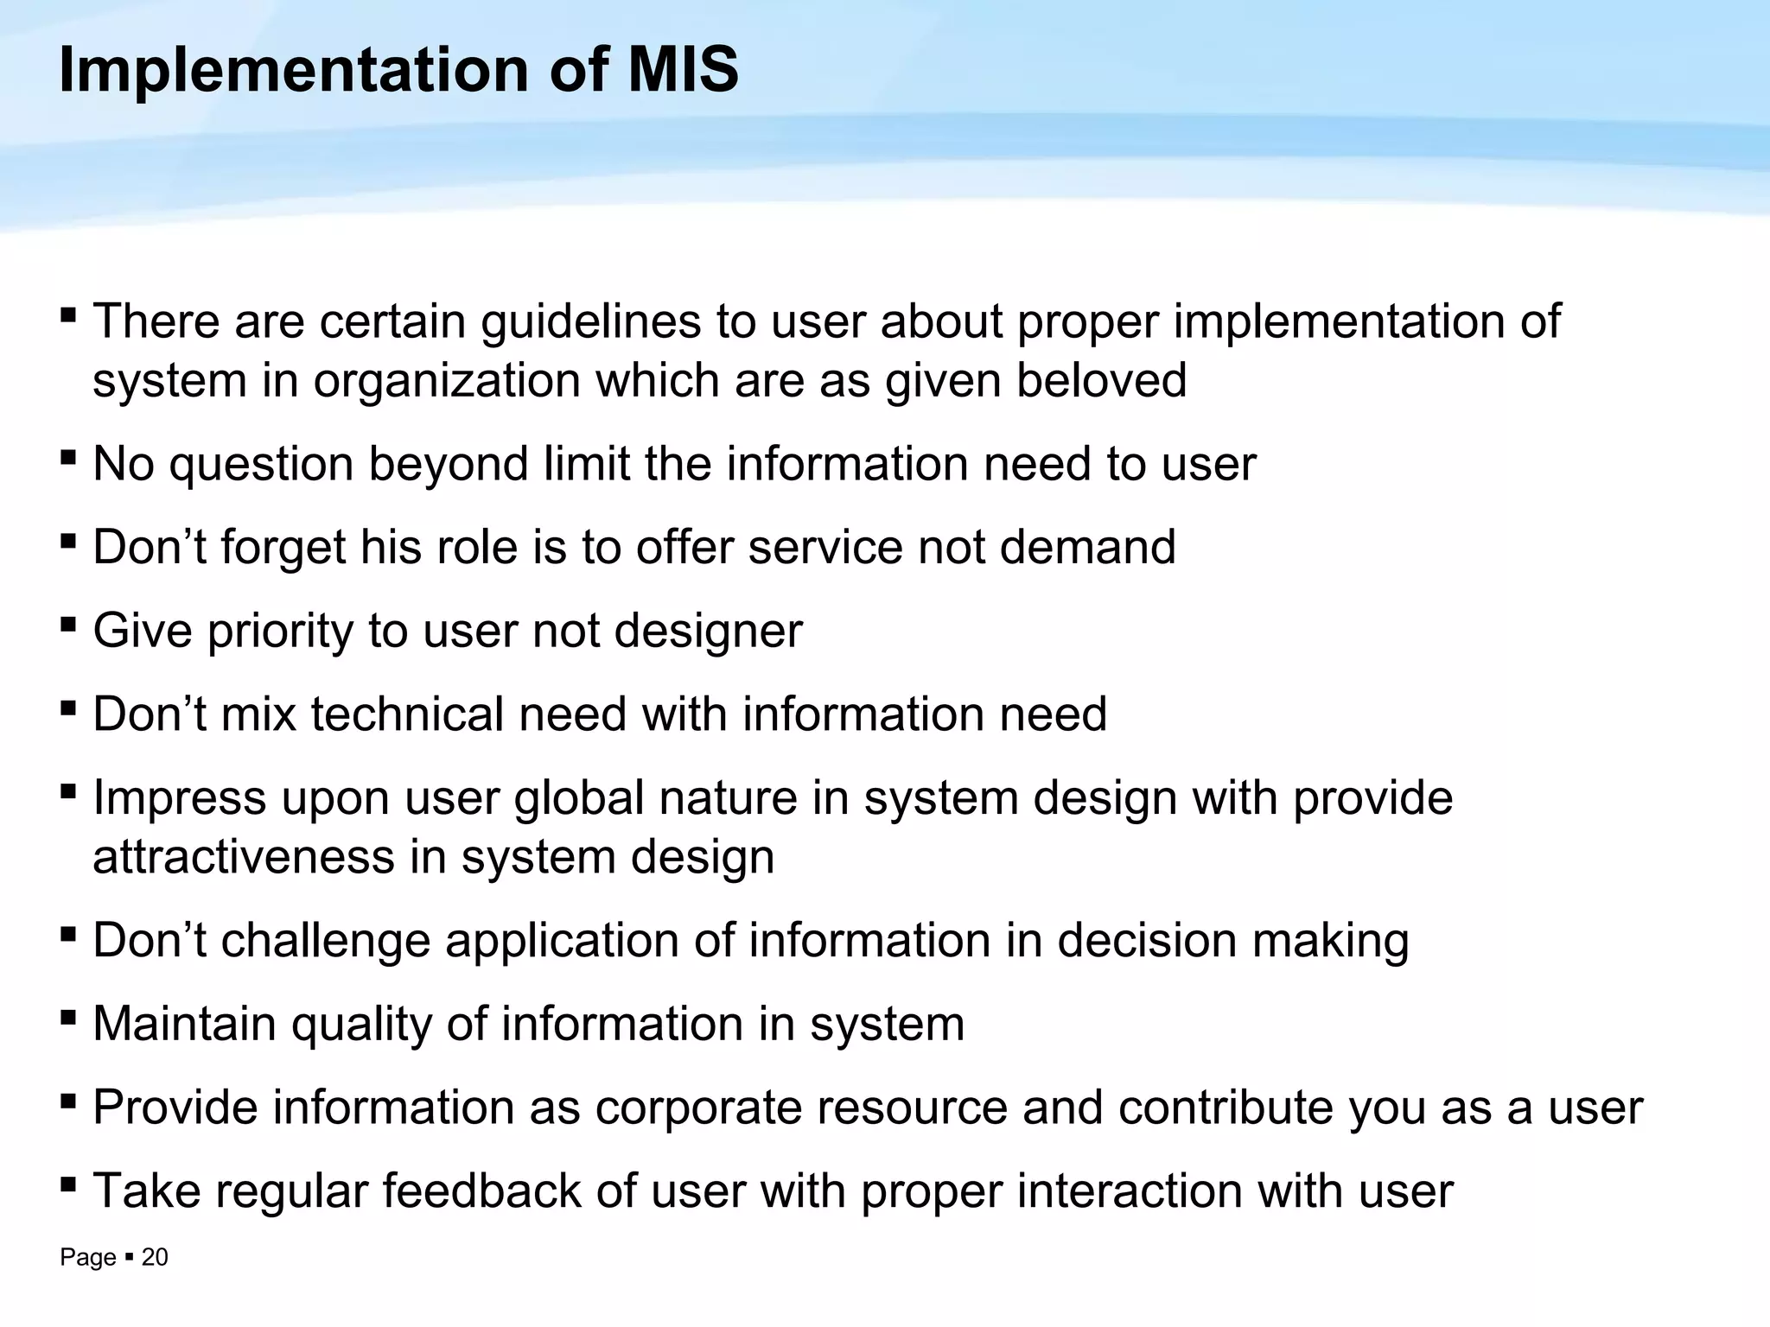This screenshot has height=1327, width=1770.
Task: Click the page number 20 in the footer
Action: coord(155,1258)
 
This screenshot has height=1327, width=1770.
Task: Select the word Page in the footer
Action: coord(87,1258)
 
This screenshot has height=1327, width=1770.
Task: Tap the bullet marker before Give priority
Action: coord(68,624)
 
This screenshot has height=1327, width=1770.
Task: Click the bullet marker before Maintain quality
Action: coord(68,1017)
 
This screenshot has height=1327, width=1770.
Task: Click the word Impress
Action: coord(179,799)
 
